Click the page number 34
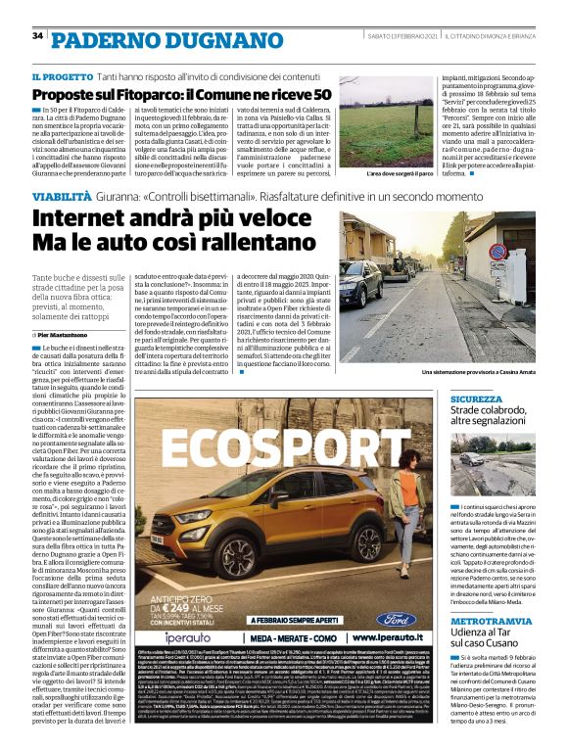(38, 36)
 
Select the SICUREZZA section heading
(476, 399)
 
